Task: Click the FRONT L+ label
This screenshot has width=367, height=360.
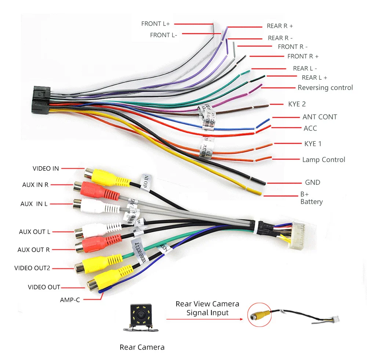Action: click(x=155, y=24)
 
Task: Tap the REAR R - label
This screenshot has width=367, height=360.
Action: click(x=280, y=38)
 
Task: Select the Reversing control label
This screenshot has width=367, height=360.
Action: click(x=325, y=87)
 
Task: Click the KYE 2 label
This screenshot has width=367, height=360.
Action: click(x=297, y=104)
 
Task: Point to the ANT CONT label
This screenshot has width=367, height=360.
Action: click(x=319, y=117)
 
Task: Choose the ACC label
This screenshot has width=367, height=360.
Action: click(x=310, y=128)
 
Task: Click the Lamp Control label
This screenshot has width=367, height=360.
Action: click(x=323, y=160)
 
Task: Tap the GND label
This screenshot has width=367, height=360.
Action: click(x=312, y=182)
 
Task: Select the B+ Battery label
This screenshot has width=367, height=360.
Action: click(x=311, y=198)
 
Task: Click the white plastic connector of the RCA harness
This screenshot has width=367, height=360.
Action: click(x=300, y=236)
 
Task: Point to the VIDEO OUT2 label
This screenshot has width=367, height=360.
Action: click(x=32, y=268)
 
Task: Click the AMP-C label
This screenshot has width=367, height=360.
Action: click(x=70, y=299)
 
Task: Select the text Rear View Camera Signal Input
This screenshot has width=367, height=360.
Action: click(x=207, y=308)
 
